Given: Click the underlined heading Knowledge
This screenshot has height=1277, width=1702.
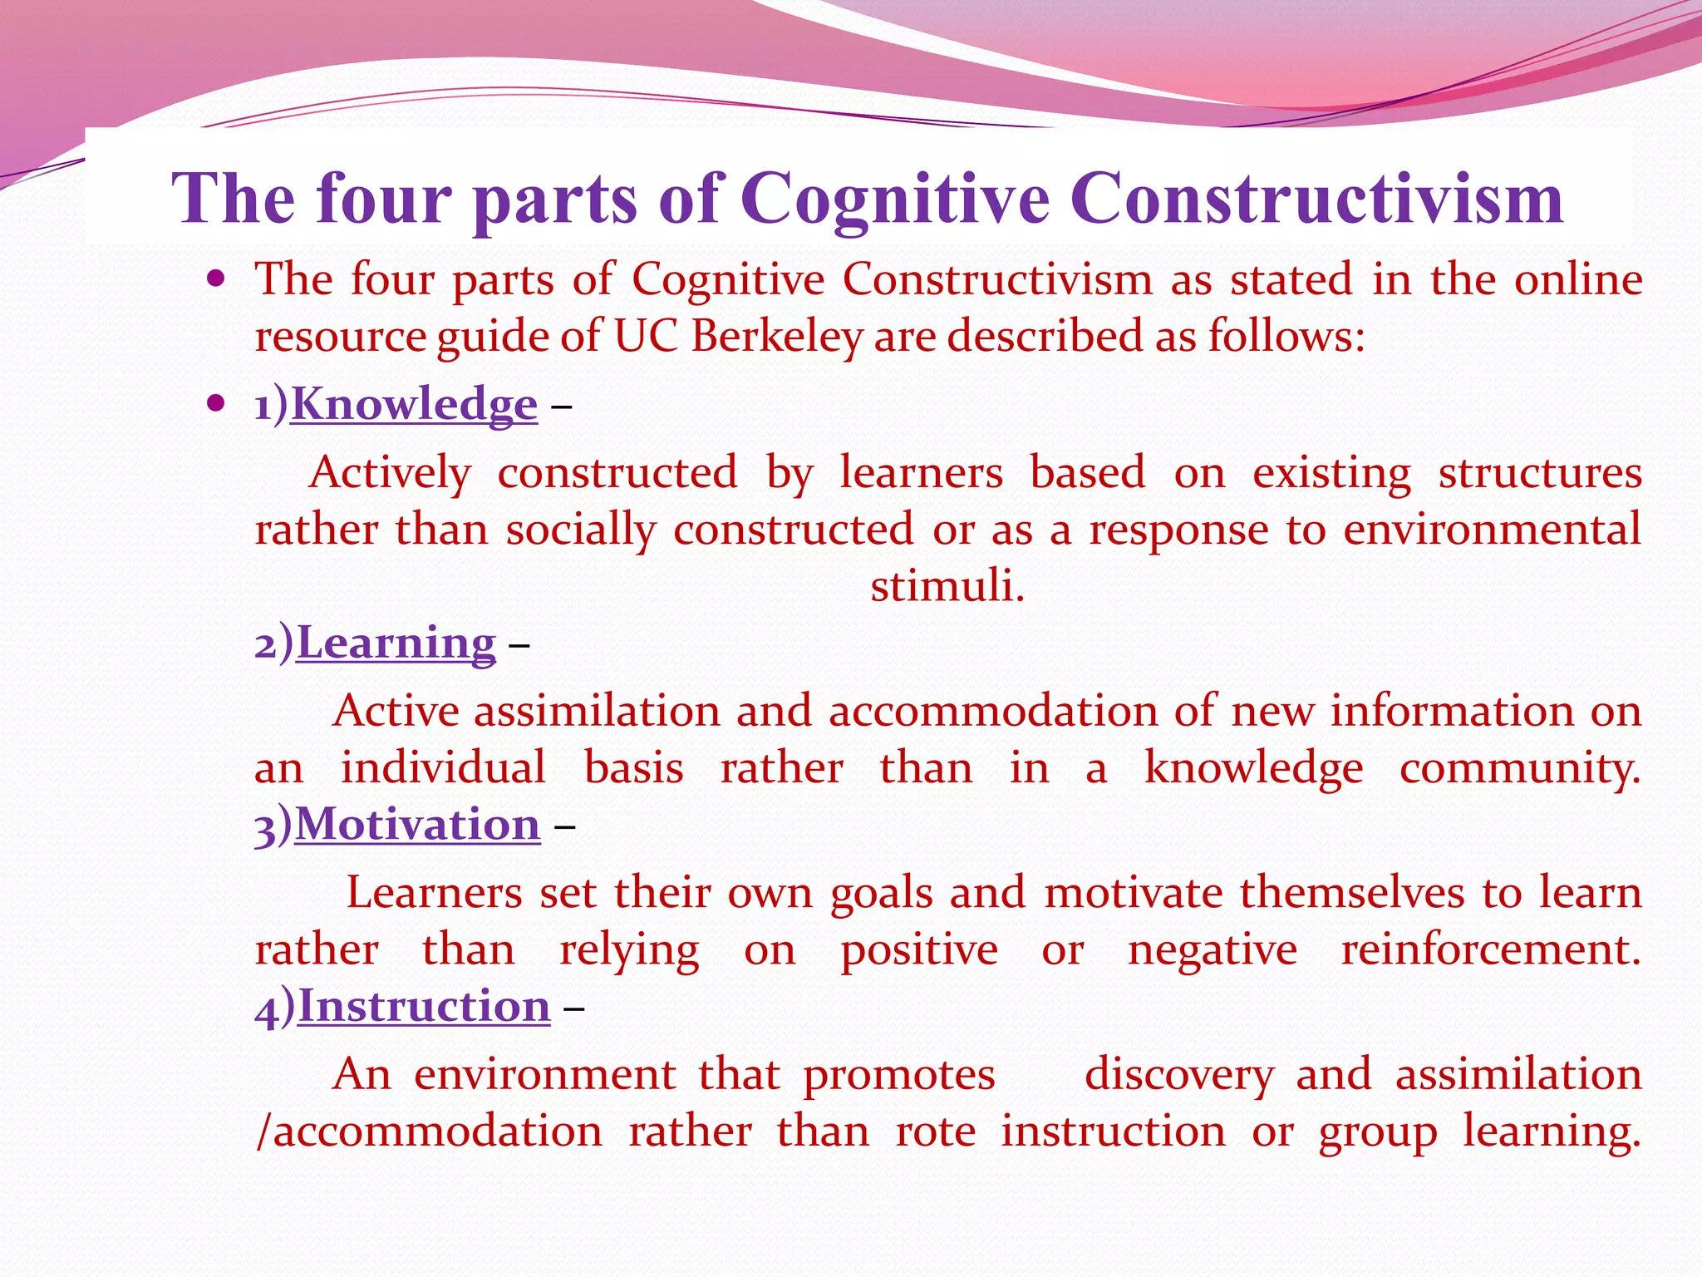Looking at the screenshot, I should click(x=414, y=405).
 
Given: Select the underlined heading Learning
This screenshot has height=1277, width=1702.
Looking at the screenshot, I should click(x=396, y=643).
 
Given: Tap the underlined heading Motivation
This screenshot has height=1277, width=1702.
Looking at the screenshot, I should click(x=417, y=825).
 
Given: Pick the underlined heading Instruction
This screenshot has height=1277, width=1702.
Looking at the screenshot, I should click(x=424, y=1007).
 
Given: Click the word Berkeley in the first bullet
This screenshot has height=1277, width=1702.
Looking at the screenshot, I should click(x=777, y=337).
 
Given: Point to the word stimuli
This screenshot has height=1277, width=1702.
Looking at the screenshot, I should click(x=947, y=586).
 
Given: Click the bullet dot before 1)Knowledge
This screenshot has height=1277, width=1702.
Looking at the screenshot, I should click(x=216, y=404).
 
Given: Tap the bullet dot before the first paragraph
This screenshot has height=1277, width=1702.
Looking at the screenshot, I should click(x=216, y=279).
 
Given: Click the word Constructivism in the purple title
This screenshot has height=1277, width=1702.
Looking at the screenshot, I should click(x=1316, y=200).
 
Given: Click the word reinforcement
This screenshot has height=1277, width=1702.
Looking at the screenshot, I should click(x=1490, y=949).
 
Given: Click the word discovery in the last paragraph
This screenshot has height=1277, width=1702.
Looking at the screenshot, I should click(x=1178, y=1075).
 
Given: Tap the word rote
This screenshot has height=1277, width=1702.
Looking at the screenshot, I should click(x=935, y=1132).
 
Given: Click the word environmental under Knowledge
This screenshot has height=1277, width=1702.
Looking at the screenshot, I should click(x=1492, y=530).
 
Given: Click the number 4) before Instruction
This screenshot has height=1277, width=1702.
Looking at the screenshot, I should click(x=275, y=1008).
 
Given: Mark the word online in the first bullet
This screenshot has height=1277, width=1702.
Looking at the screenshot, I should click(x=1577, y=279).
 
